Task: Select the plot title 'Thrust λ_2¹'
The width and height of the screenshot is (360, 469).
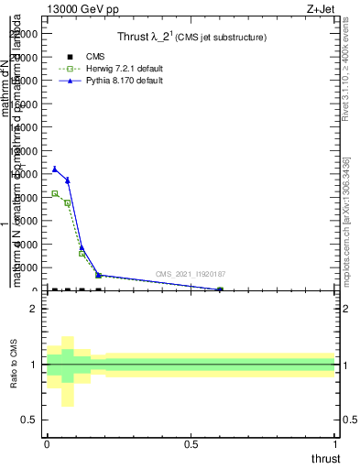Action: (191, 38)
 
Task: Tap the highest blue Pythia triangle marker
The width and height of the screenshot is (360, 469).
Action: (55, 169)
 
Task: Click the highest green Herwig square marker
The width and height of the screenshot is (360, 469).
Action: (55, 193)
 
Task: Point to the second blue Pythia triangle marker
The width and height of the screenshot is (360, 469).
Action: (68, 180)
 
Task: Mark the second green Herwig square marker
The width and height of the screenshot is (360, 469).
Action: (68, 203)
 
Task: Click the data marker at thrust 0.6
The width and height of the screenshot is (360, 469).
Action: (220, 290)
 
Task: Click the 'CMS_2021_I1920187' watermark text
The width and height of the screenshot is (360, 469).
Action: (190, 274)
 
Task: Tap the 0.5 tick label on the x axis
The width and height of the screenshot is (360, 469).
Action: (191, 444)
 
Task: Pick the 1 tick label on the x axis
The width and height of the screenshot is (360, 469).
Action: (335, 444)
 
